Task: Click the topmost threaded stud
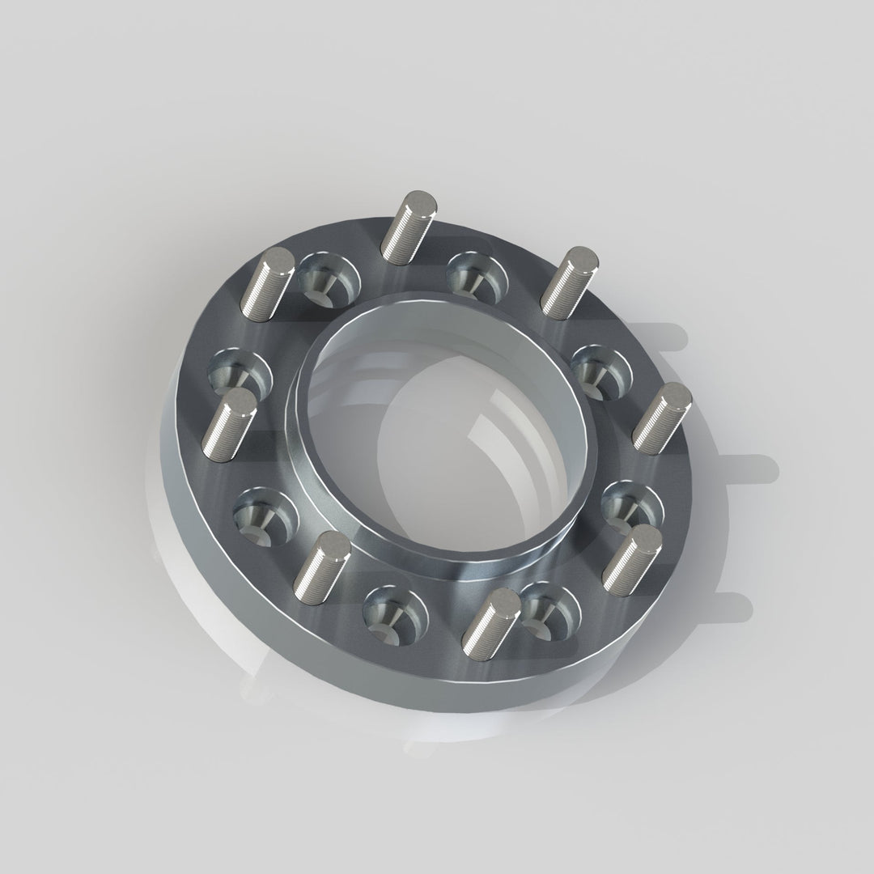pyautogui.click(x=409, y=227)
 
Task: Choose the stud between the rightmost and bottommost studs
pyautogui.click(x=632, y=559)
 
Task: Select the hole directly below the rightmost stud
pyautogui.click(x=632, y=507)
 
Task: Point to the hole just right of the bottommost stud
pyautogui.click(x=550, y=607)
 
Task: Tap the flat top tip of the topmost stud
pyautogui.click(x=420, y=201)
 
